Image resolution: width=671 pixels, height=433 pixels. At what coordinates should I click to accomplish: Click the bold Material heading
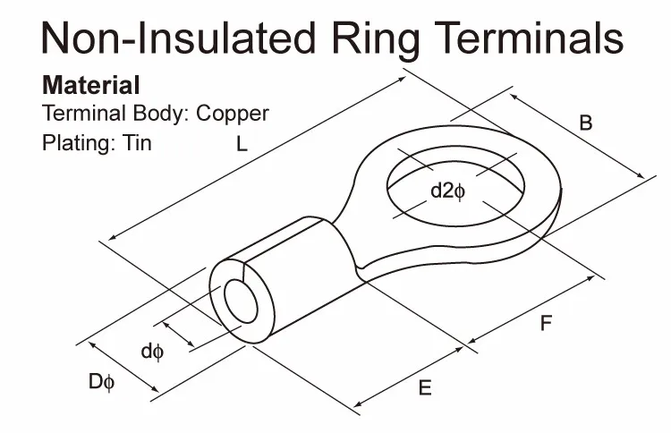[91, 87]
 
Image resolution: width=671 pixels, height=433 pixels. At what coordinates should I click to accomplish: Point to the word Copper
[233, 115]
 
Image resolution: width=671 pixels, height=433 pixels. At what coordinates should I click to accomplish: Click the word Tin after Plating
[137, 143]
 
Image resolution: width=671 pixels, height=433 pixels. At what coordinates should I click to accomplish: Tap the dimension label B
[586, 123]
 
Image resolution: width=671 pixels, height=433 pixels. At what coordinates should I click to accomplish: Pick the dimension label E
[425, 388]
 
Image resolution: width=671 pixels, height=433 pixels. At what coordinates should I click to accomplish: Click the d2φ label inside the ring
[447, 191]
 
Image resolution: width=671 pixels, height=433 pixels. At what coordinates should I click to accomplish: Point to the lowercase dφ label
[152, 352]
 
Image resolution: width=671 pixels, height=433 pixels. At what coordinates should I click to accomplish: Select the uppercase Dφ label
[102, 383]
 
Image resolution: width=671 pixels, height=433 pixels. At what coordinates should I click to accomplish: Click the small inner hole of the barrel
[241, 302]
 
